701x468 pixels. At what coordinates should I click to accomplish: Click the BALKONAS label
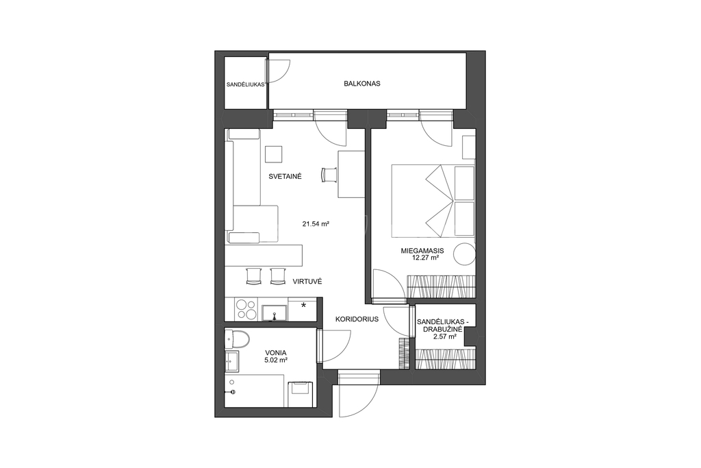pos(362,83)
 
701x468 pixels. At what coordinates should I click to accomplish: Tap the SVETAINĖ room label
pos(285,176)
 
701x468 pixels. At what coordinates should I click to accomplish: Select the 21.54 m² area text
pos(316,223)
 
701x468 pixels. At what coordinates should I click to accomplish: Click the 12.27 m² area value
pos(425,258)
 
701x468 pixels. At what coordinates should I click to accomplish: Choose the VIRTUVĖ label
pos(307,282)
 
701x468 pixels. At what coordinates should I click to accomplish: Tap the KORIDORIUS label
pos(357,319)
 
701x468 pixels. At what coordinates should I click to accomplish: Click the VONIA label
pos(275,353)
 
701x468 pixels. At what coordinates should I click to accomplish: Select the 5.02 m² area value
pos(275,359)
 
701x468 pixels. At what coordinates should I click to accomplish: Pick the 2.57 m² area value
pos(445,336)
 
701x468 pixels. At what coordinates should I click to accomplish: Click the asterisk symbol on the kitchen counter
pos(304,305)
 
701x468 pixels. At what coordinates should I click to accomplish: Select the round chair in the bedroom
pos(465,254)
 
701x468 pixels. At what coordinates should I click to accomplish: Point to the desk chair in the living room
pos(329,174)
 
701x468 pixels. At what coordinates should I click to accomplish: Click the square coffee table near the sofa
pos(274,154)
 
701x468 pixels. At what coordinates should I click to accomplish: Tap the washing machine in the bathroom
pos(301,394)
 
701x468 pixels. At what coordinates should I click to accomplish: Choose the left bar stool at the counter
pos(254,275)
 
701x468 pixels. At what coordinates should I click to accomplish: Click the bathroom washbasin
pos(232,362)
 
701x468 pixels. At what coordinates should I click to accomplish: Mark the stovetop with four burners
pos(246,309)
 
